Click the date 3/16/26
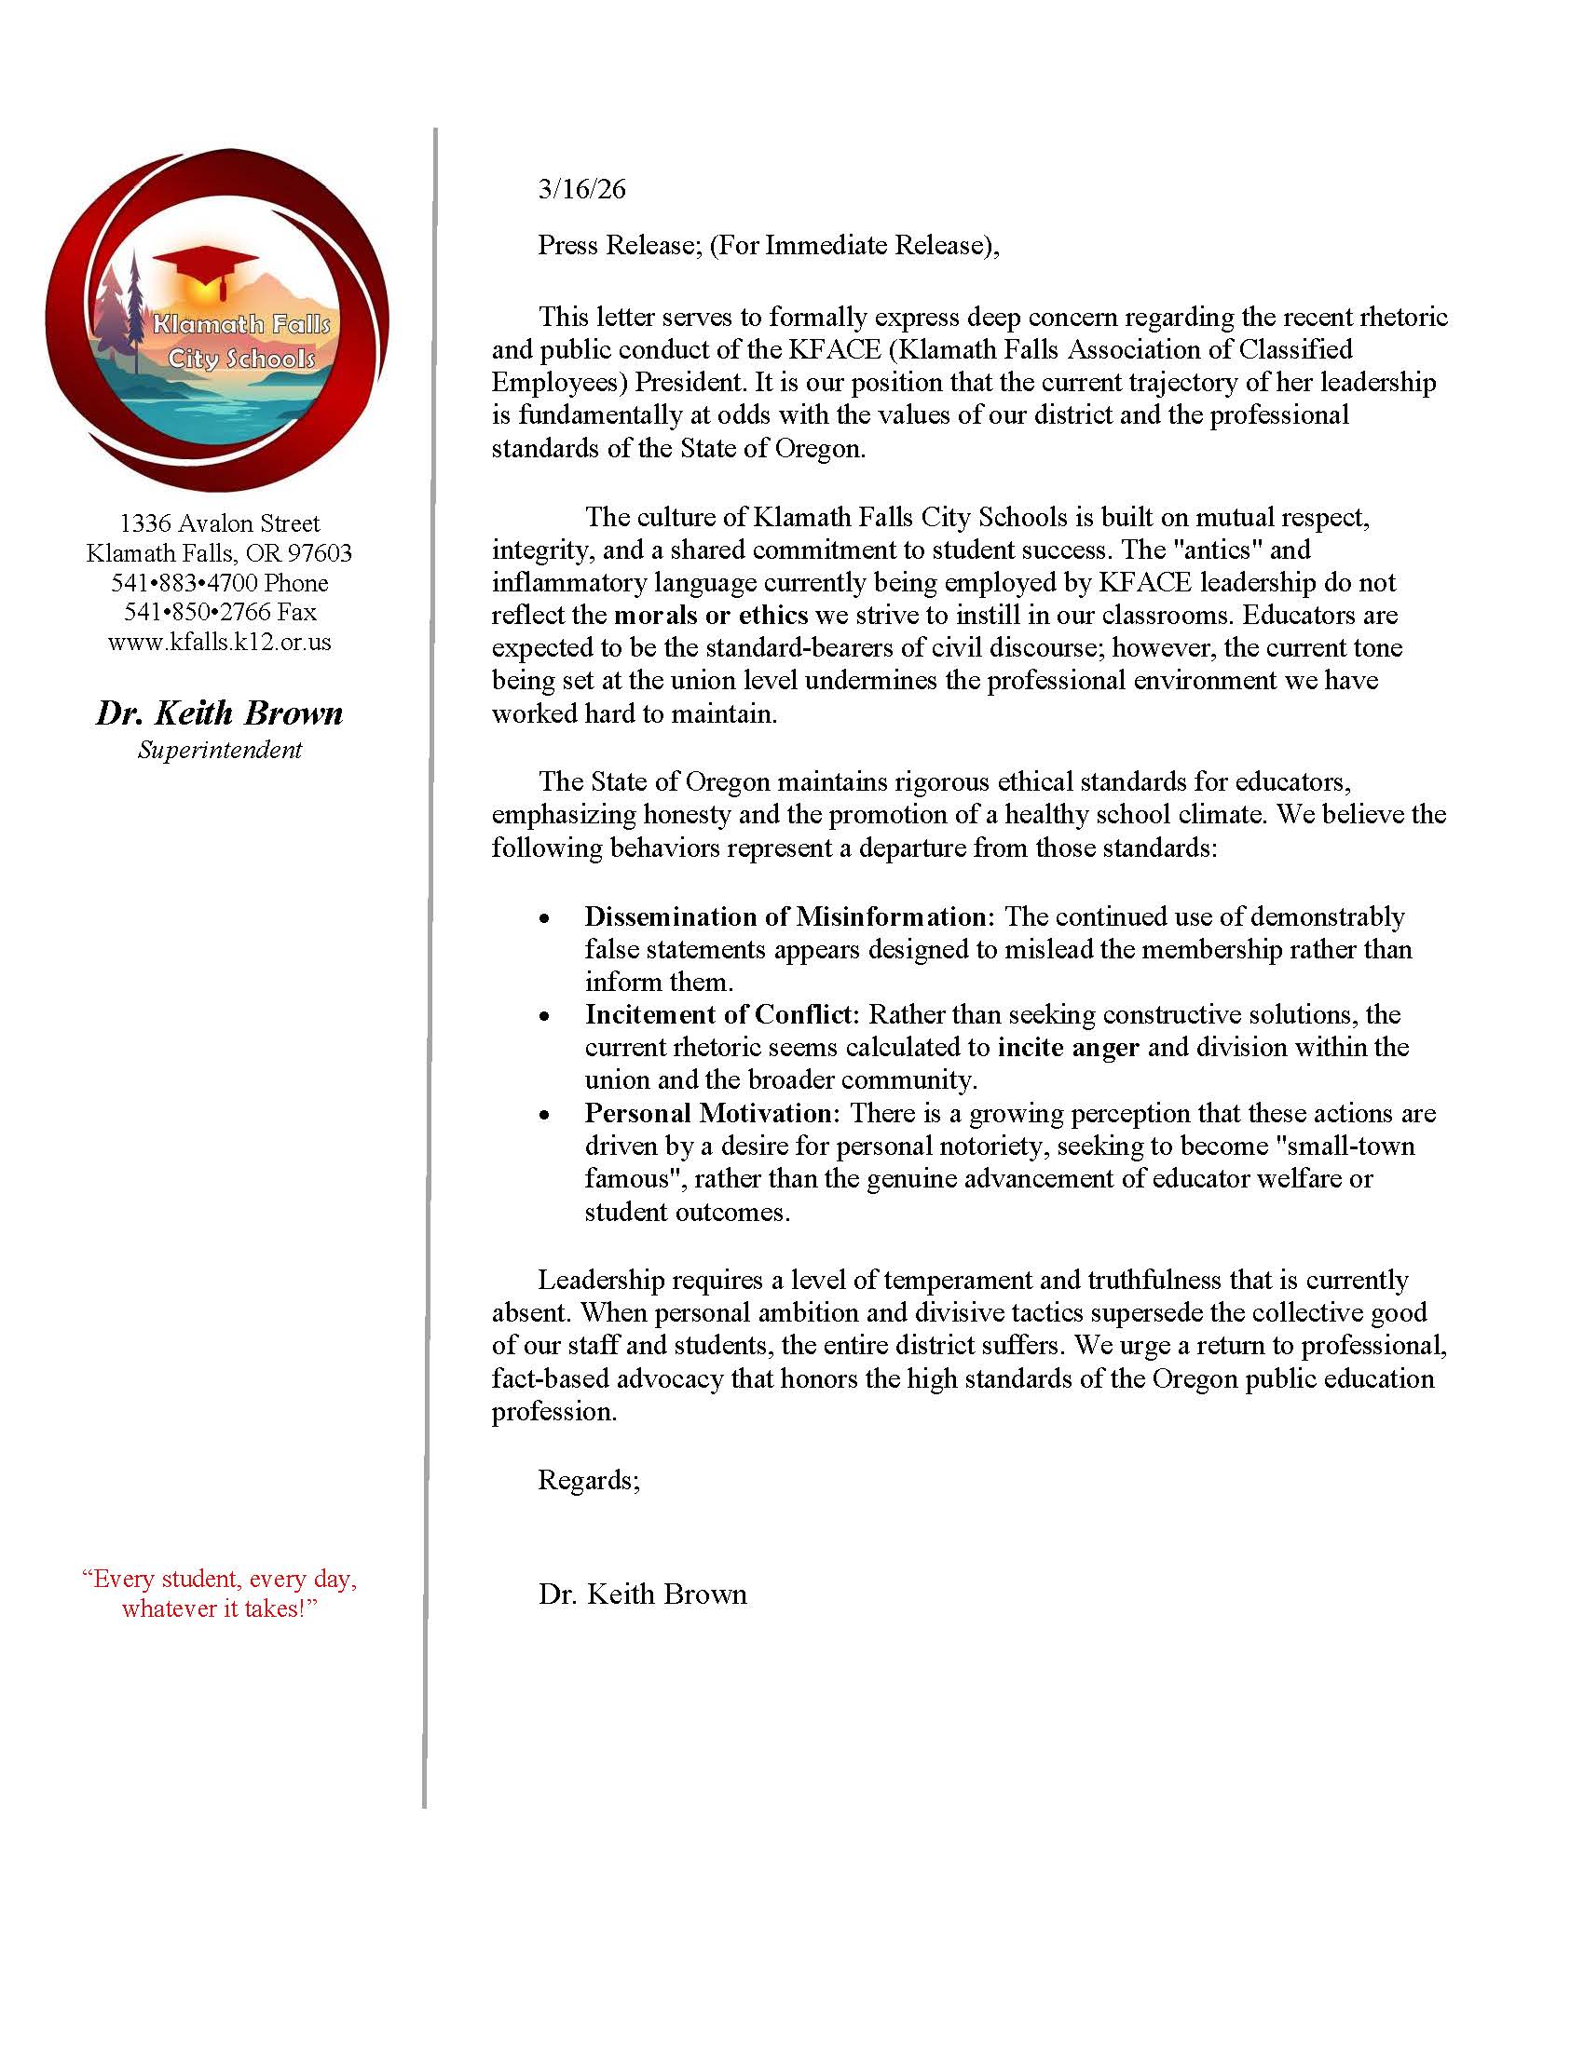coord(580,189)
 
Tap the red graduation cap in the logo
coord(206,264)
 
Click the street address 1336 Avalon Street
coord(220,523)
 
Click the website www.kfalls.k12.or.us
coord(220,643)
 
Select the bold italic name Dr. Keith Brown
coord(220,714)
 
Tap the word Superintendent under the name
coord(220,750)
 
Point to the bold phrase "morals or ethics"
coord(710,616)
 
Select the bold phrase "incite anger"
coord(1068,1047)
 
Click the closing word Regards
coord(587,1481)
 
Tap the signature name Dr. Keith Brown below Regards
coord(643,1594)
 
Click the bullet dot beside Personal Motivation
coord(544,1115)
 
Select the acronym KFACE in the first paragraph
coord(834,350)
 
